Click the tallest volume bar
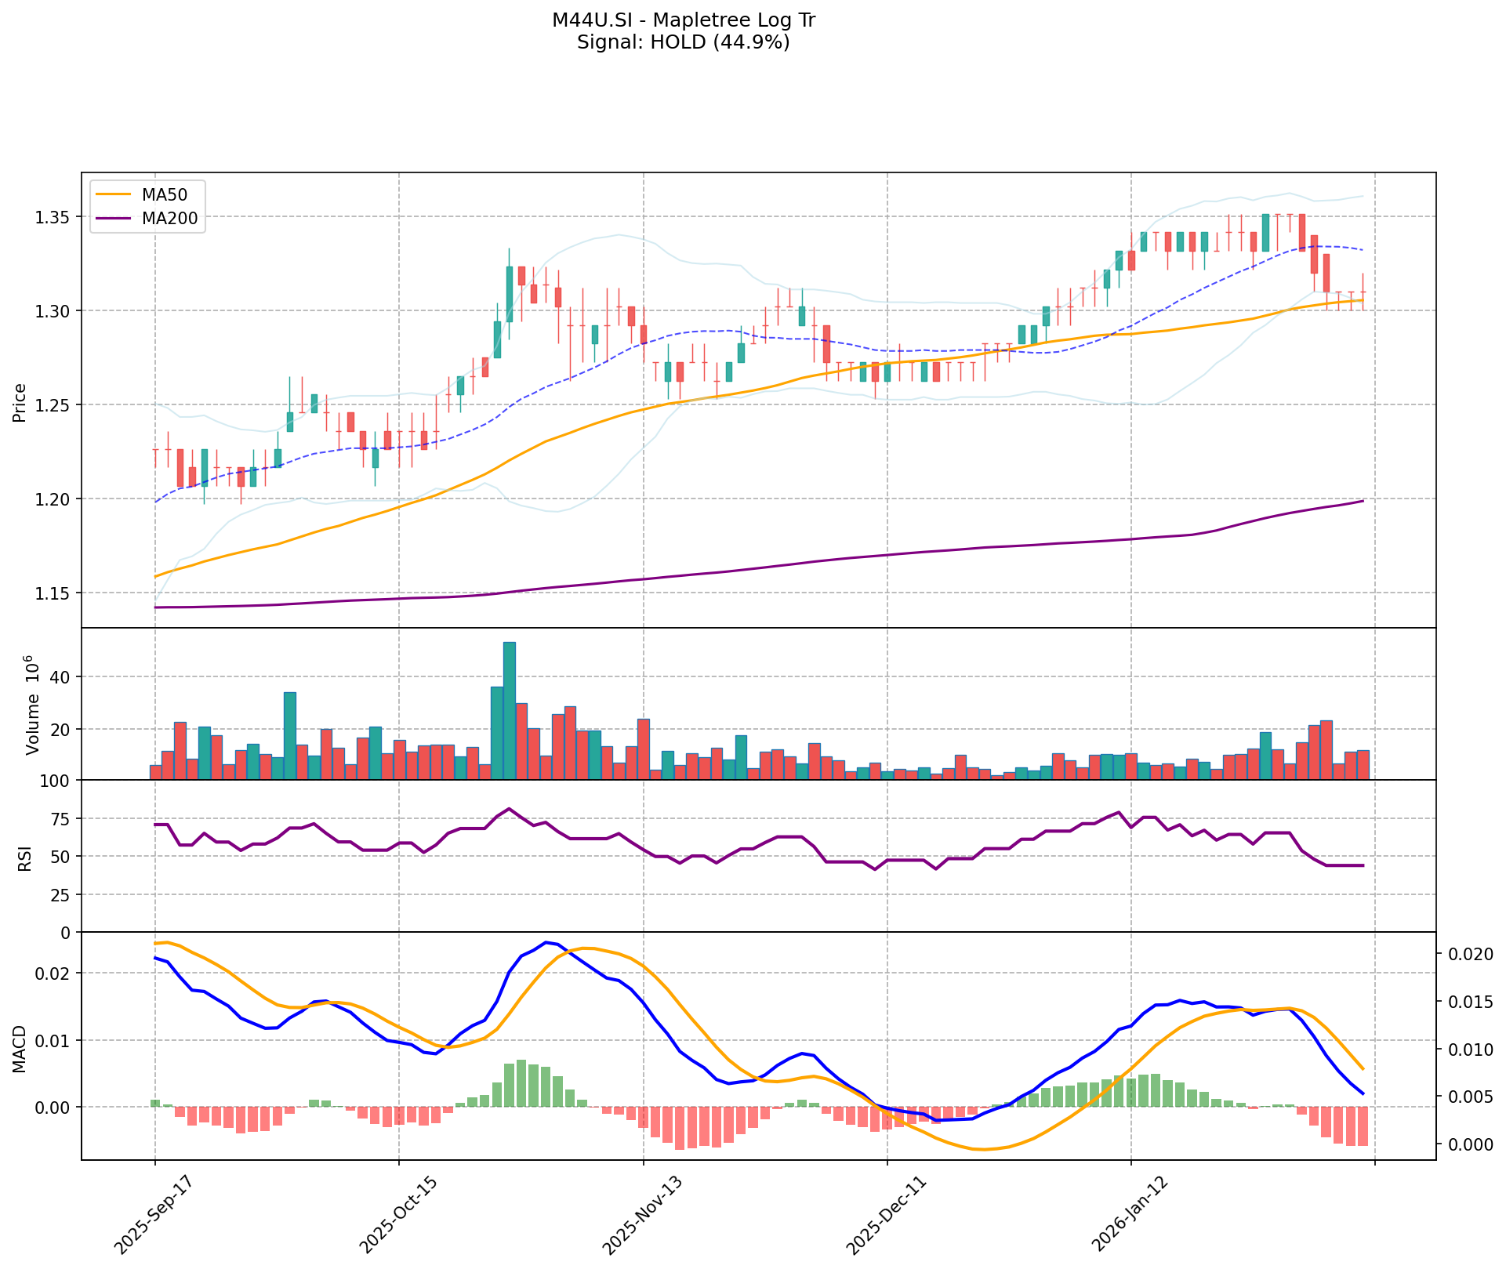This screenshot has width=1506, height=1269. point(510,710)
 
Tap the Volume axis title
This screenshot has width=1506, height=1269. point(32,705)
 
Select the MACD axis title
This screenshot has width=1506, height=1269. point(20,1050)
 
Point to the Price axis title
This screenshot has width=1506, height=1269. point(20,402)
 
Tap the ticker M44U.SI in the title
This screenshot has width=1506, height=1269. point(589,20)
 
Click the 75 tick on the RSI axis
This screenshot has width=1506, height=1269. point(61,819)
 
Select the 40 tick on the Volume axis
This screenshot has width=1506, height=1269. point(61,677)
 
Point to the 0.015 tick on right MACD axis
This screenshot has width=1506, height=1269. point(1469,1003)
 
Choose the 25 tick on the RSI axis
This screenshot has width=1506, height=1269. point(61,895)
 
